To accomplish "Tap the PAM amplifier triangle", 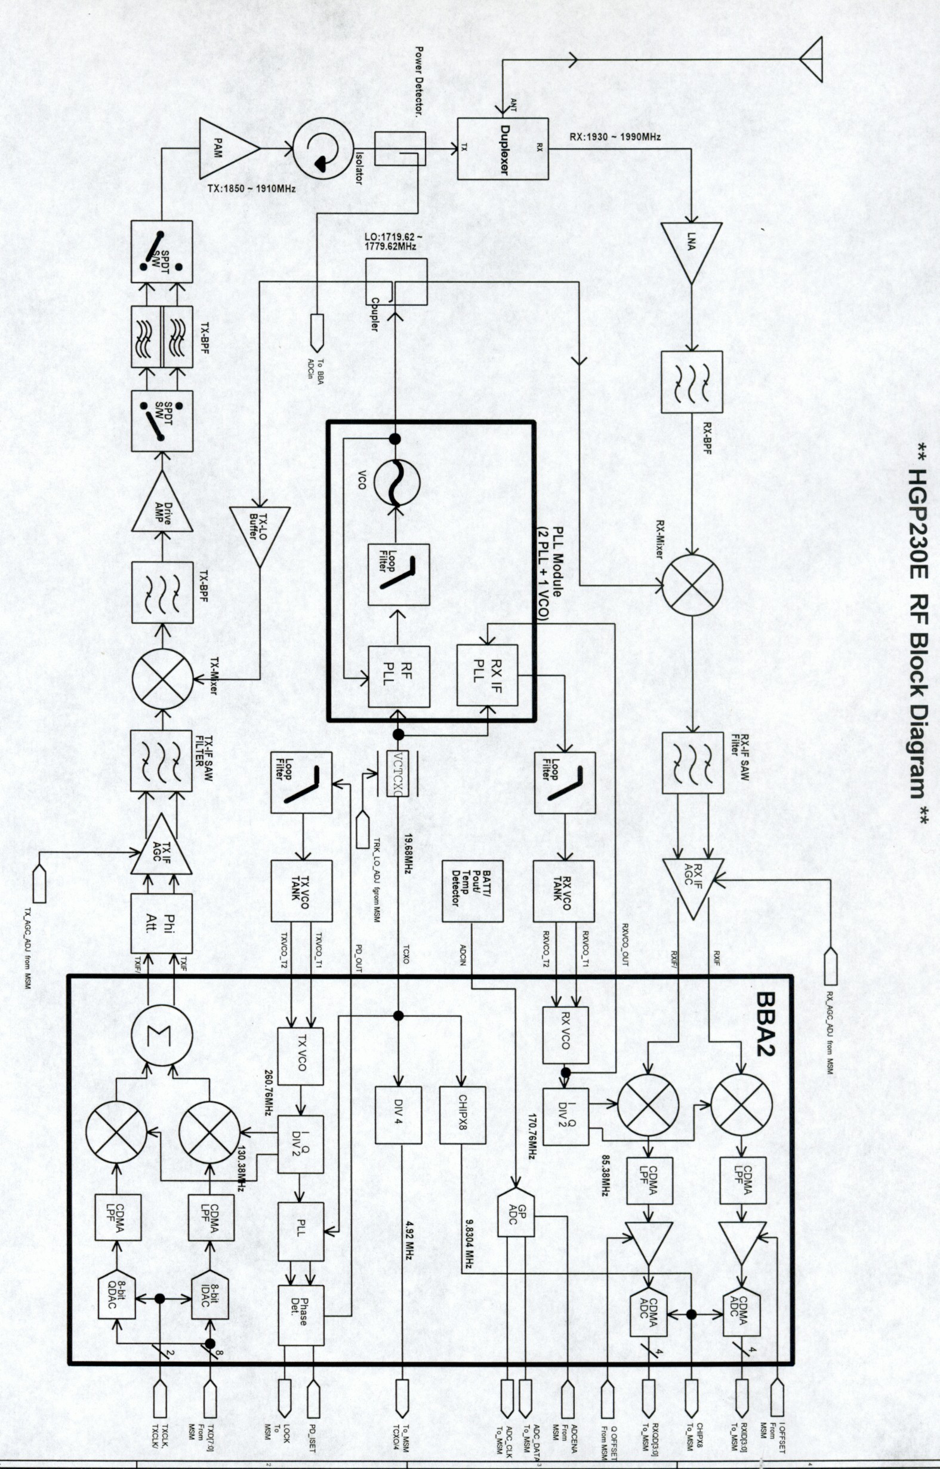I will [x=229, y=148].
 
